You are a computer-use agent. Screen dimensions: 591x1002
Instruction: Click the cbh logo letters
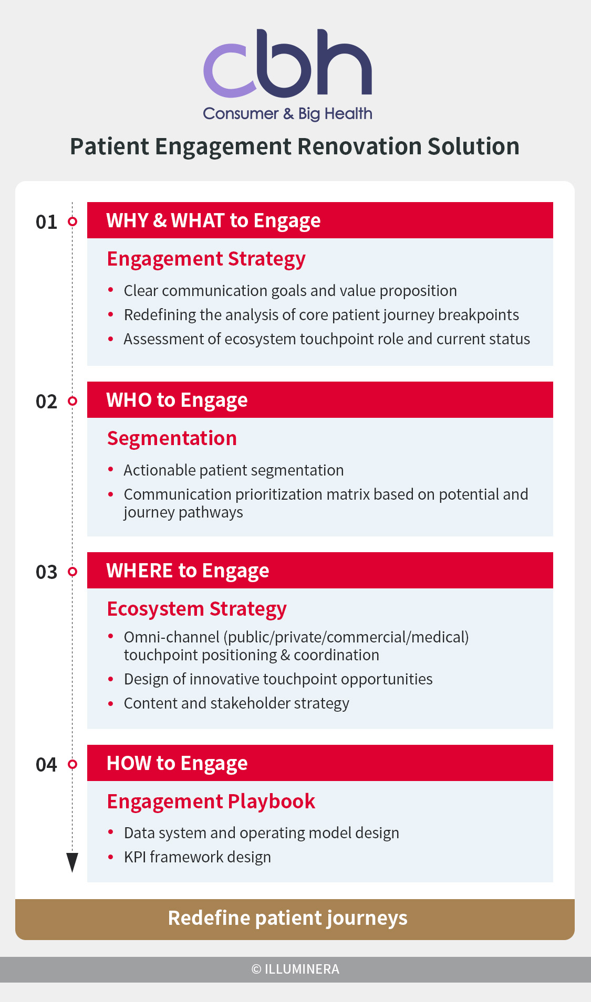287,64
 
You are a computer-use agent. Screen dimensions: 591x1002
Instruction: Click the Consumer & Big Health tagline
287,113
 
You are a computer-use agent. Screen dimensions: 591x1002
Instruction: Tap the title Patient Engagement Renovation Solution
295,146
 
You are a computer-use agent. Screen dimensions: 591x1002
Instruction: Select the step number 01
46,222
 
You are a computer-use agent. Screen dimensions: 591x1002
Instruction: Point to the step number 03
46,572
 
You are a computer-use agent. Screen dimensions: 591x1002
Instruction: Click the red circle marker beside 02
72,401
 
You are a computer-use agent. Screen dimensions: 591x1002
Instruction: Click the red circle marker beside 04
72,764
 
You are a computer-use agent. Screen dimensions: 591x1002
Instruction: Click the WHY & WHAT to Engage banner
320,220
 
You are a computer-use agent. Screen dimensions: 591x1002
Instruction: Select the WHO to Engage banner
320,400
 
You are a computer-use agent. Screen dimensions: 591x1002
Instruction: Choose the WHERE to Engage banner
320,571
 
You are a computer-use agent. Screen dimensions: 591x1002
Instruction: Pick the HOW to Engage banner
320,763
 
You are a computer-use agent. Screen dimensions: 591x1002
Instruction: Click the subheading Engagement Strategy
206,259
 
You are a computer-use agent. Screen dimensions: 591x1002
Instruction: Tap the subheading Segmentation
172,438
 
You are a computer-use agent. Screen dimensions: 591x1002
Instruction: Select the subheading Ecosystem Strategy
197,609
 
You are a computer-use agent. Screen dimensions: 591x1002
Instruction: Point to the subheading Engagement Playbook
211,801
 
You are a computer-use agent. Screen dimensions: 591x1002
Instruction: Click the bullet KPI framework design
198,857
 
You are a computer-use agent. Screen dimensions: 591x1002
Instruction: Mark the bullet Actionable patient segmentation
234,470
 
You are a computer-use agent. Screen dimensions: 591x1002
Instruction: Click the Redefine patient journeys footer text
288,918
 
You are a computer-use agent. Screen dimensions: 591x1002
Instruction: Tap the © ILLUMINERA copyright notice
295,969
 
